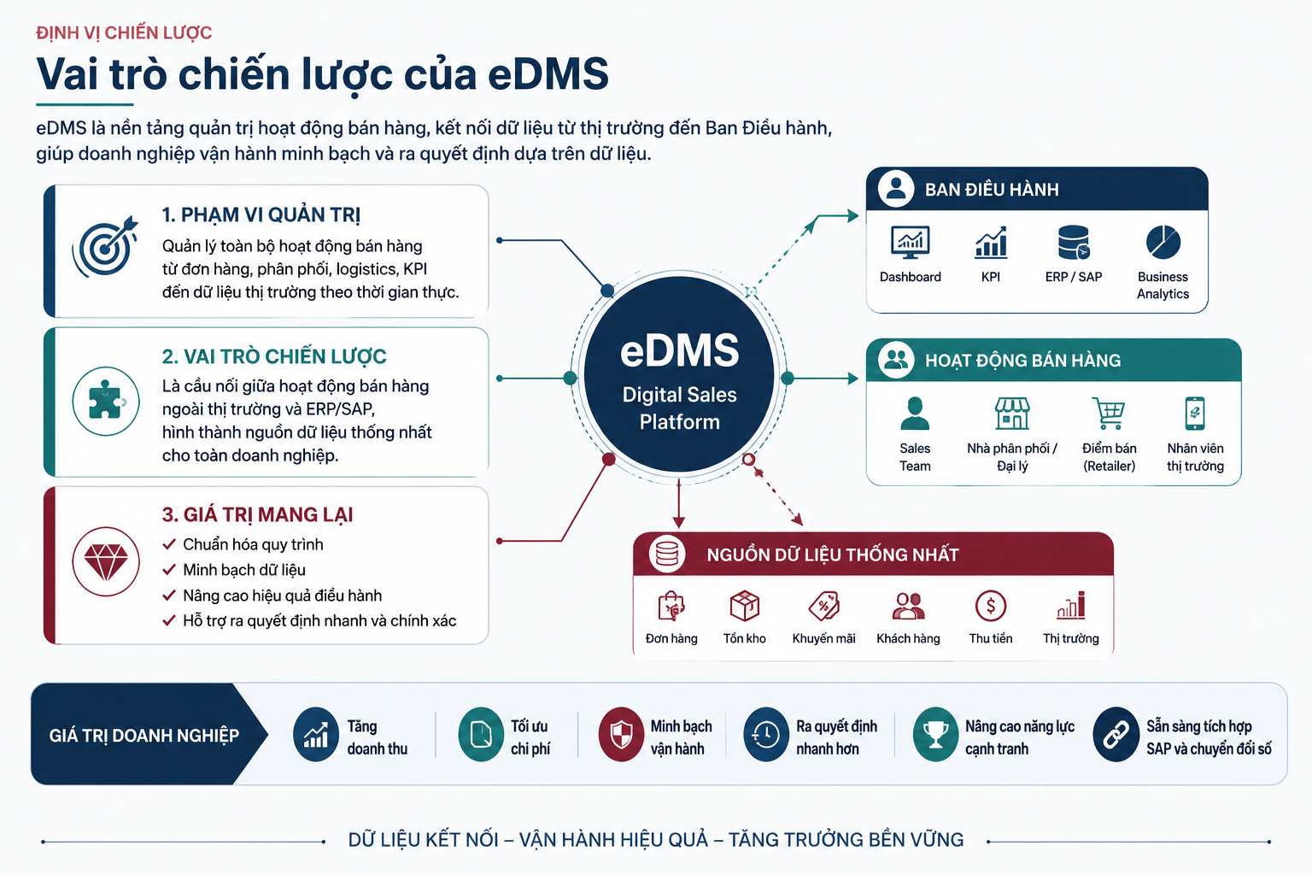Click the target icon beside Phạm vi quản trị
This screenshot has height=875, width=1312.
click(x=105, y=246)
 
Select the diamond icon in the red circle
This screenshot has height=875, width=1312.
click(x=106, y=561)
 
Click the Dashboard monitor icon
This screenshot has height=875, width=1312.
click(x=910, y=242)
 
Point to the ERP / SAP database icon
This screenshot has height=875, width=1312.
click(x=1074, y=242)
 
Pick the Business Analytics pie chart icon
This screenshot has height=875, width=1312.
click(x=1163, y=242)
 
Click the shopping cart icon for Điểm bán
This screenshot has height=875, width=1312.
click(x=1108, y=413)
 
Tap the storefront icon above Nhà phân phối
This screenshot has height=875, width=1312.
click(x=1012, y=413)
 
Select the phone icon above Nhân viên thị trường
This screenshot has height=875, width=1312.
click(x=1195, y=414)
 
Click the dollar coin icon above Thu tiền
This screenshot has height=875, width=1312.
click(x=991, y=606)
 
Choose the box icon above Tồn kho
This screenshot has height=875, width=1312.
click(x=745, y=606)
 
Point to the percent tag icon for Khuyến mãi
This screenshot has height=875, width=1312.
click(x=824, y=606)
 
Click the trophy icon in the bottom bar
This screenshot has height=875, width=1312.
click(x=935, y=734)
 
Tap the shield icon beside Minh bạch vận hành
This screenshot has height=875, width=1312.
click(x=622, y=734)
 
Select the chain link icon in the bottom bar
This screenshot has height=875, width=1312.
click(x=1116, y=734)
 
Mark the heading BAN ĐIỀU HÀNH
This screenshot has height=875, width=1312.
click(x=992, y=190)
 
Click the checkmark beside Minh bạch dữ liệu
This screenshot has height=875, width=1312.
click(x=169, y=570)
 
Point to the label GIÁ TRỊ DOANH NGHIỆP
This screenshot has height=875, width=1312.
click(x=144, y=736)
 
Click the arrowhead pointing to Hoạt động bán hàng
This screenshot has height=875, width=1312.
click(x=853, y=379)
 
